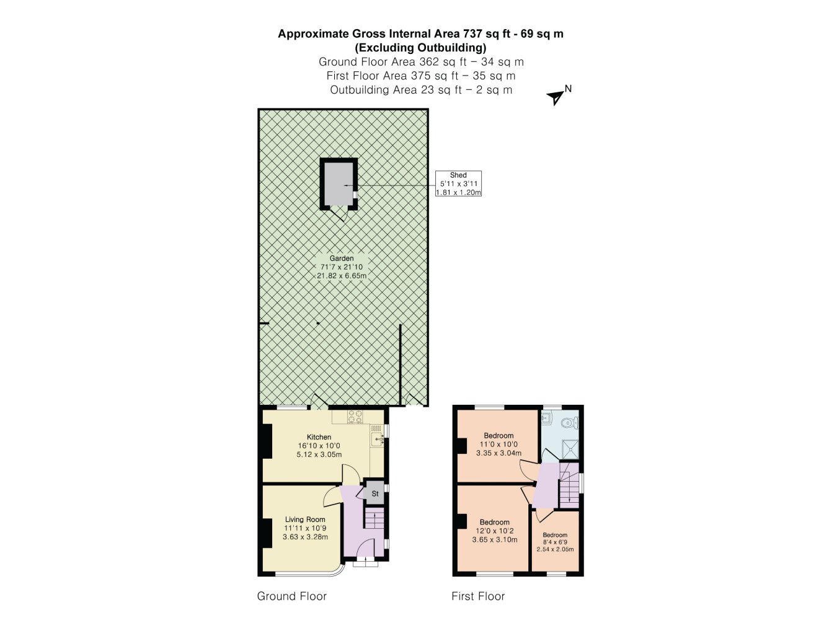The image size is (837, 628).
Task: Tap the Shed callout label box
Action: coord(458,184)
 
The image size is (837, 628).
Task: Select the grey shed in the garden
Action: coord(339,184)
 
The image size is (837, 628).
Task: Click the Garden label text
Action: coord(342,258)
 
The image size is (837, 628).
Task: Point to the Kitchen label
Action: coord(319,437)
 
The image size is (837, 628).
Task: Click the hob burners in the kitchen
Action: coord(355,417)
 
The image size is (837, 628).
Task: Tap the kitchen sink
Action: coord(377,440)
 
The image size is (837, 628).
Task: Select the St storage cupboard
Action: coord(374,493)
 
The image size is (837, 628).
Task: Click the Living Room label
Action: coord(305,520)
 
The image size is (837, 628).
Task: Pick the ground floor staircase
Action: coord(374,518)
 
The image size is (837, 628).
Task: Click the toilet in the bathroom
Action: coord(570,422)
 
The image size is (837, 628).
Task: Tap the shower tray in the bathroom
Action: coord(570,449)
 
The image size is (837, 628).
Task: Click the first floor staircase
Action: coord(569,485)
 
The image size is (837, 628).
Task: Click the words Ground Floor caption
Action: coord(292,596)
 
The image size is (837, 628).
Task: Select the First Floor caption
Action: coord(478,596)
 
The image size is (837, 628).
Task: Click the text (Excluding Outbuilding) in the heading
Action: coord(420,48)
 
